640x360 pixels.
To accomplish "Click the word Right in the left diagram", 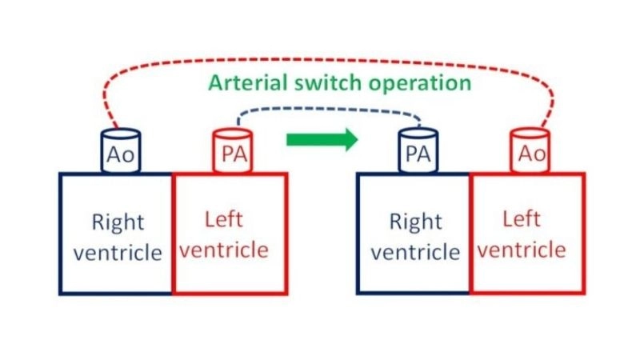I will point(117,221).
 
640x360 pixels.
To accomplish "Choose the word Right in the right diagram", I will point(415,221).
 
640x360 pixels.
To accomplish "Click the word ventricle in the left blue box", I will point(117,253).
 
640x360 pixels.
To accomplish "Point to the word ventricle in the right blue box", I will point(415,253).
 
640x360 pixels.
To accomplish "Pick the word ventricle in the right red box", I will point(522,250).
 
